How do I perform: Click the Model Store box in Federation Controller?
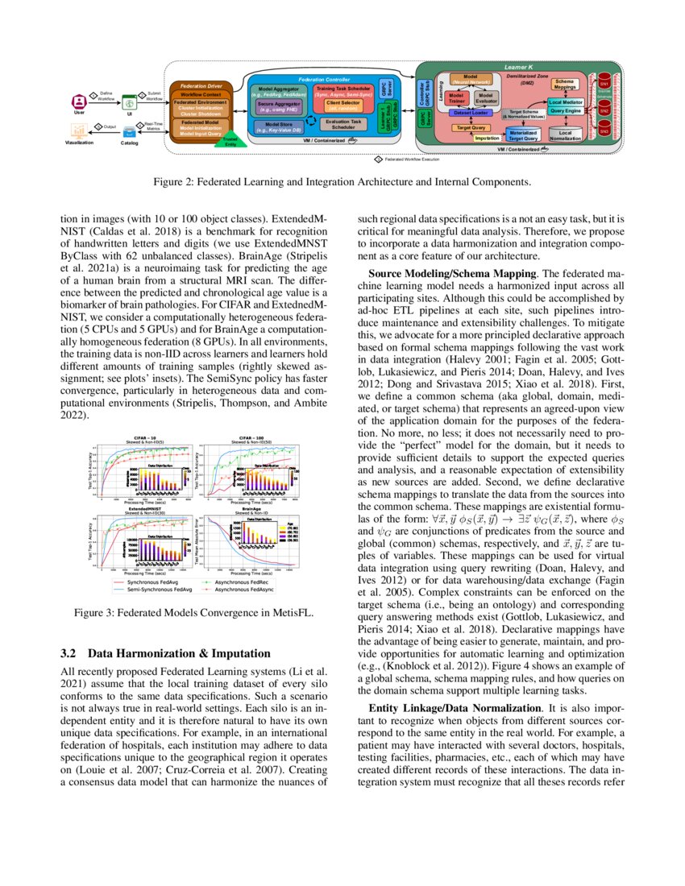[278, 127]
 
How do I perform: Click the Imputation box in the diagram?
[487, 138]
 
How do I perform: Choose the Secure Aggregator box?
[278, 106]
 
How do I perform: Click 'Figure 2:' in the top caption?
[175, 182]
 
